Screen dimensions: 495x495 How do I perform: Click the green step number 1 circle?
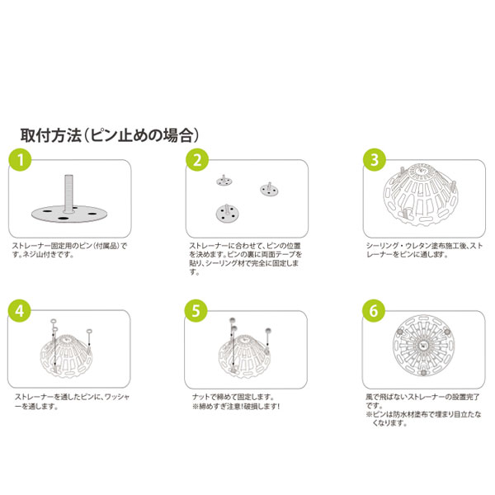[20, 160]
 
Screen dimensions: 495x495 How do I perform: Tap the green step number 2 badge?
[197, 160]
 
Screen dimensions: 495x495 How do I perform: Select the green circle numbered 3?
[375, 160]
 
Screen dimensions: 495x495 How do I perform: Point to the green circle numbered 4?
[19, 311]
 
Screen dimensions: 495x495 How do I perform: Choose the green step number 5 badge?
[196, 311]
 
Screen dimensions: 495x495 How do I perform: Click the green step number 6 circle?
[374, 311]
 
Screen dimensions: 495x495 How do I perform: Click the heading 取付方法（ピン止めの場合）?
[110, 135]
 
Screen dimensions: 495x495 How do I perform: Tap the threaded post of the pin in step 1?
[68, 193]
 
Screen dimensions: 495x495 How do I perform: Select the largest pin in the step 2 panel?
[227, 214]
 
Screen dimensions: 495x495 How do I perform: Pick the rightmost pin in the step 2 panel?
[269, 189]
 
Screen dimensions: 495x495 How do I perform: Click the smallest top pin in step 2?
[224, 181]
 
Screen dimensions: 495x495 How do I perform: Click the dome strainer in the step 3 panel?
[421, 194]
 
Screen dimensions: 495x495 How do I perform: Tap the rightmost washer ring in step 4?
[90, 332]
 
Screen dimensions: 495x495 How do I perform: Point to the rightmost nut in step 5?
[268, 331]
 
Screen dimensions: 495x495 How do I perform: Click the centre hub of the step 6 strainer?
[423, 346]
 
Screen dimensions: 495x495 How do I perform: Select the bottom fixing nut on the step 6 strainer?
[423, 373]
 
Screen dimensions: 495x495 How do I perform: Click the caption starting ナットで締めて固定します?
[236, 402]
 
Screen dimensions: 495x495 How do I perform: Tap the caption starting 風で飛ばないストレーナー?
[423, 410]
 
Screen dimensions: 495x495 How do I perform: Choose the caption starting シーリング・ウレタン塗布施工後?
[424, 250]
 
